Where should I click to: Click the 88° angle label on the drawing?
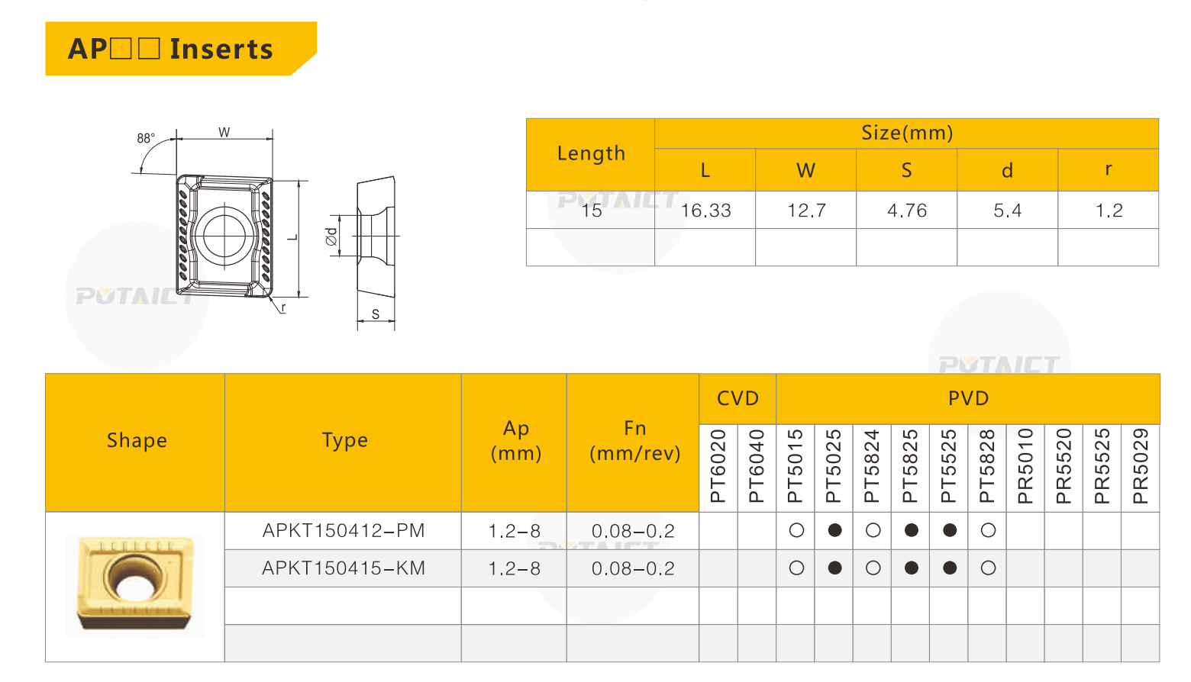(146, 139)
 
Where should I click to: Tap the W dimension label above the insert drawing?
(224, 132)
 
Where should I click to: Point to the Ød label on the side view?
(331, 236)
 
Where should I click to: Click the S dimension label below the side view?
(376, 314)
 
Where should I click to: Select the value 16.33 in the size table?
(705, 211)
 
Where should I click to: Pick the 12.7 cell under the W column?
(806, 211)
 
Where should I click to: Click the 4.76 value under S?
(906, 211)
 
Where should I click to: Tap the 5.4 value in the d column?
(1007, 211)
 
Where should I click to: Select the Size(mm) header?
(907, 133)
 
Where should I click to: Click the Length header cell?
(591, 153)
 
